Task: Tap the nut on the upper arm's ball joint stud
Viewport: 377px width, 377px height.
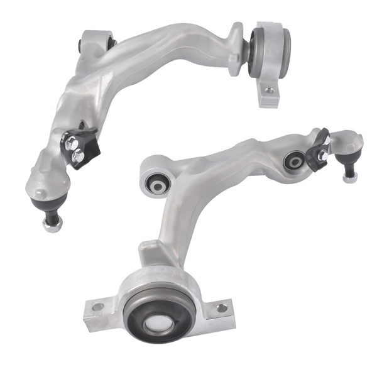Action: [51, 223]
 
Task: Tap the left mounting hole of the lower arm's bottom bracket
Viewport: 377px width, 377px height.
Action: [98, 307]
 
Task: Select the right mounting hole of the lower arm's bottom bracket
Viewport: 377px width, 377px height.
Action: [221, 307]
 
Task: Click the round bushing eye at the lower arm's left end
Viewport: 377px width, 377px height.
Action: [155, 181]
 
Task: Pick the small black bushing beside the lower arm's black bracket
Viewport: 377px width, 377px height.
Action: [294, 160]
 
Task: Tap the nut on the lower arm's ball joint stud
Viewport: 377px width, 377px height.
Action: [349, 177]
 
